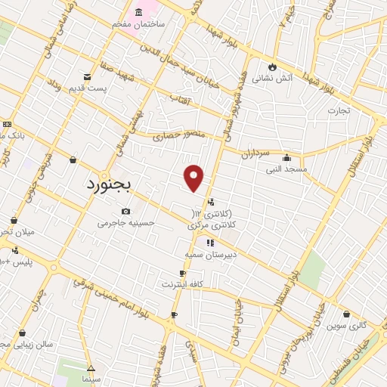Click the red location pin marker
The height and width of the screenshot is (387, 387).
tap(194, 177)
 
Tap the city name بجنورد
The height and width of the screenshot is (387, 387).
tap(108, 183)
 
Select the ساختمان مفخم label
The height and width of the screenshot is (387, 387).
tap(149, 24)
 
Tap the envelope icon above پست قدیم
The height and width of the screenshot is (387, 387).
tap(87, 77)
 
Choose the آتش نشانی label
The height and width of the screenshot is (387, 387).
tap(271, 77)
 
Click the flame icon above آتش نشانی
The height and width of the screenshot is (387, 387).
tap(271, 66)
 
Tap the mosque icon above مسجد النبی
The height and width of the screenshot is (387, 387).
tap(286, 158)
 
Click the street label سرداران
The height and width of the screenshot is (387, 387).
tap(255, 153)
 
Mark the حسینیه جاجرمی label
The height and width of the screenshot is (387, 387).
tap(125, 223)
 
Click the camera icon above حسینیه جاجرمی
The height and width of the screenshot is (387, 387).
tap(125, 212)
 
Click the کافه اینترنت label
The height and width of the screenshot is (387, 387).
tap(182, 284)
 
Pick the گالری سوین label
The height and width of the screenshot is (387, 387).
tap(347, 325)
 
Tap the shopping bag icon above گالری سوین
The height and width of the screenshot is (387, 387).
tap(346, 314)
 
